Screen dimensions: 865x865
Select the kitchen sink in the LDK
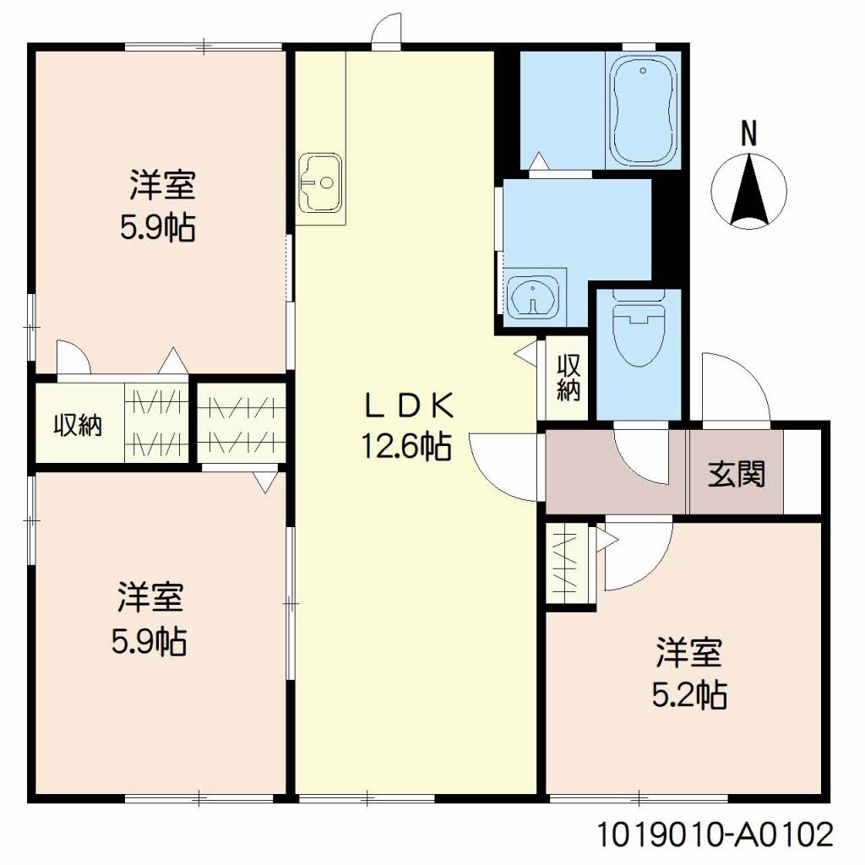pos(319,182)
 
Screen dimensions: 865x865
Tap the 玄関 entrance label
pos(737,473)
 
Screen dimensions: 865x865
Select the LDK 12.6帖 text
pos(407,426)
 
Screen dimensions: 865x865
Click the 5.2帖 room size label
pos(689,695)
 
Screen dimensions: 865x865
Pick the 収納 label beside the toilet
pos(569,378)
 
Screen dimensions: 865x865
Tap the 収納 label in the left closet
pos(78,426)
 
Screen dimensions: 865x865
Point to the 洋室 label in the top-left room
pos(162,185)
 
